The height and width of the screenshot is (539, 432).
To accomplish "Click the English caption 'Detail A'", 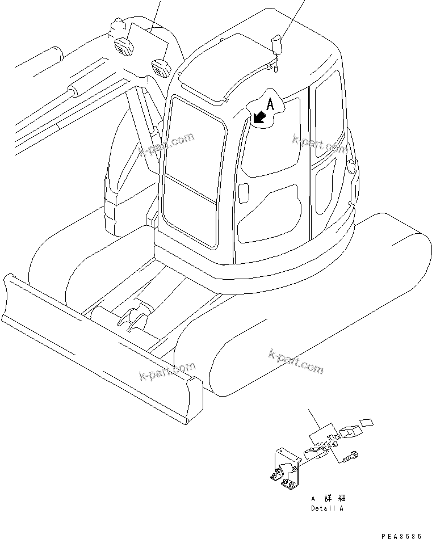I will coord(327,509).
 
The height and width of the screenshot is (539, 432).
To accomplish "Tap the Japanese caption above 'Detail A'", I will coord(328,498).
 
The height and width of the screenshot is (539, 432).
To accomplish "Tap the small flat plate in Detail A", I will coord(367,422).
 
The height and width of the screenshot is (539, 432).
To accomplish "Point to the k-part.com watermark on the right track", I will coord(295,362).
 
